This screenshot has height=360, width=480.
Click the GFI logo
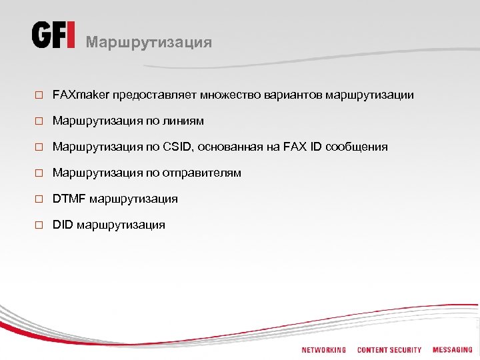point(53,35)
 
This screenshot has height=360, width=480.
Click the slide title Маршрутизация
point(149,43)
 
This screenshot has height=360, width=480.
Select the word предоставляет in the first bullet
point(149,95)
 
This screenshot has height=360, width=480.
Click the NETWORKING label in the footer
point(323,350)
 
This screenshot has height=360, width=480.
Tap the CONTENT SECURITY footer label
point(389,350)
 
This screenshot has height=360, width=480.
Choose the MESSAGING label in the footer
point(452,350)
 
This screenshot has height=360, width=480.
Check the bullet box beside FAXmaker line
point(39,96)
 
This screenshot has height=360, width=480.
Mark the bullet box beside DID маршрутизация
point(39,226)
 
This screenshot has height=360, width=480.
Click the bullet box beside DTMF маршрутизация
point(39,200)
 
